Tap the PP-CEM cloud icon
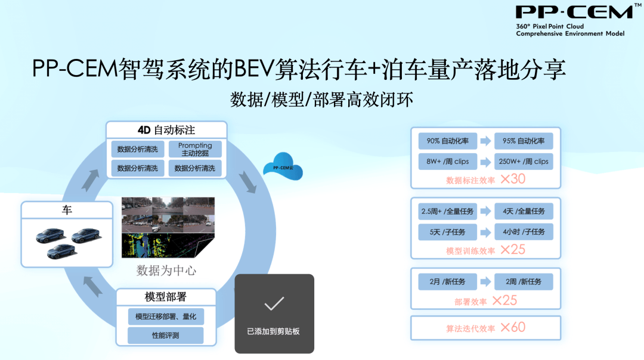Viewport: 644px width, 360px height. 283,166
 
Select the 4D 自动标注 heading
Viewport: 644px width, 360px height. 166,130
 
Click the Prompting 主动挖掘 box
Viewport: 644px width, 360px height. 195,149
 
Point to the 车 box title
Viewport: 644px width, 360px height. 67,210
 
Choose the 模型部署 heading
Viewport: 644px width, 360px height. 166,297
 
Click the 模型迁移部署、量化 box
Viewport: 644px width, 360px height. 166,316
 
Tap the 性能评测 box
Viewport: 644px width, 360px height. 166,336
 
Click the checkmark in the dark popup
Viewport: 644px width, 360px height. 274,303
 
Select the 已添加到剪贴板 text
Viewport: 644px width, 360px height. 273,331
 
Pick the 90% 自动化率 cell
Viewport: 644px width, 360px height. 448,141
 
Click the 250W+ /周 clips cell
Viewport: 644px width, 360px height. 524,162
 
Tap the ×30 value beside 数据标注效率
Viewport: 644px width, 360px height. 513,179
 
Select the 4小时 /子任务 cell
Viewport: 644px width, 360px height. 524,232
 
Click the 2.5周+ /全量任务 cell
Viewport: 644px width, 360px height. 448,212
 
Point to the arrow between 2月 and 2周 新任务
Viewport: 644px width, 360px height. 486,281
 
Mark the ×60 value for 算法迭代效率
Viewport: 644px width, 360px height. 513,327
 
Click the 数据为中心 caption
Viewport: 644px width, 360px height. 166,271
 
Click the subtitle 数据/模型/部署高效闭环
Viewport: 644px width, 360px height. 321,100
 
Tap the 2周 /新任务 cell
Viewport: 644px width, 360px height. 524,281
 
